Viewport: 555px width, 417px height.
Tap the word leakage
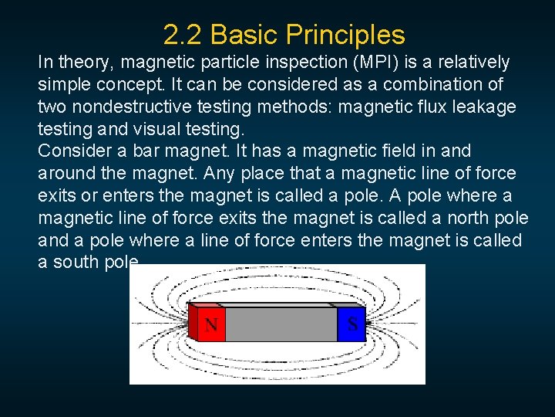(x=489, y=107)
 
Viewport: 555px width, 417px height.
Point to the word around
(x=66, y=174)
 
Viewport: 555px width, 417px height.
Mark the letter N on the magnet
(x=210, y=324)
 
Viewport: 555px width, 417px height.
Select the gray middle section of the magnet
(x=281, y=325)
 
